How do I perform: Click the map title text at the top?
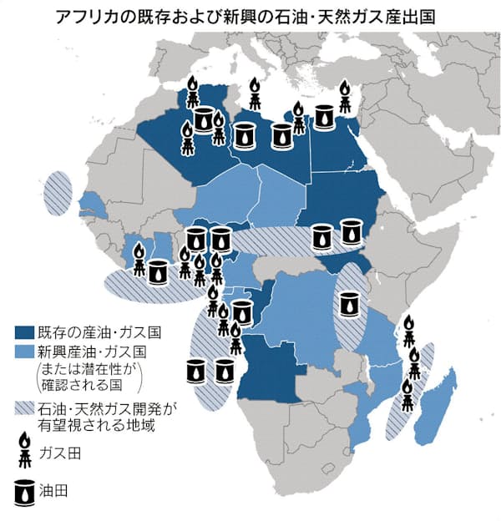point(250,16)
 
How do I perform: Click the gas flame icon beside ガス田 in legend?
point(28,452)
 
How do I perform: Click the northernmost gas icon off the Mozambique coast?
point(408,330)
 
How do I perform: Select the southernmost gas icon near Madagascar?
point(407,395)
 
